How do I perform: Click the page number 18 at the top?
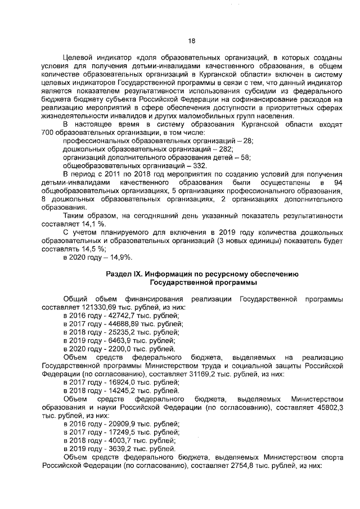[191, 40]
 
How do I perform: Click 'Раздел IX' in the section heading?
[124, 273]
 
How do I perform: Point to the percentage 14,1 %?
[87, 223]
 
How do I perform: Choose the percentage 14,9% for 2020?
[120, 256]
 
